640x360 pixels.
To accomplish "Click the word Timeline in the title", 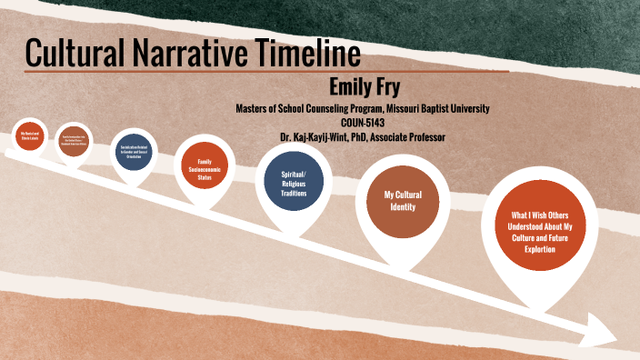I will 293,54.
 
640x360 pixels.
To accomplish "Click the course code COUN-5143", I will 363,123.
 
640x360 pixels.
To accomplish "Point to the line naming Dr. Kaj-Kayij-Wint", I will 363,136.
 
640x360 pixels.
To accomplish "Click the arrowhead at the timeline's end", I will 601,328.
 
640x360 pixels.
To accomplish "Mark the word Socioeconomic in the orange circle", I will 205,168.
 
